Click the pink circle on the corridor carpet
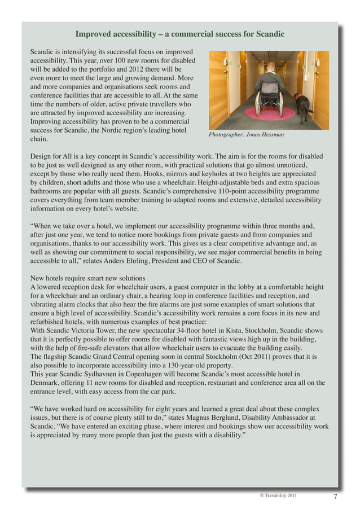[x=270, y=113]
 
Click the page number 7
[x=335, y=497]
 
